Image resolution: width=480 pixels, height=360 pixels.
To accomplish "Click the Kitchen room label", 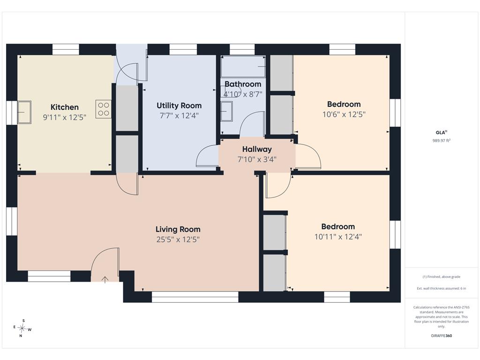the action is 65,107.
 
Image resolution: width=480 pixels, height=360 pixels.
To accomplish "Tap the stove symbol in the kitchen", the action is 104,109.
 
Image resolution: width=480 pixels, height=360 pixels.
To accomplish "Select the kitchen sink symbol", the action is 24,112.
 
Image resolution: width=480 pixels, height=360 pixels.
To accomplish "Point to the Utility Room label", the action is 179,105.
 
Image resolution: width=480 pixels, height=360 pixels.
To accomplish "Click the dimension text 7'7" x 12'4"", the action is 179,116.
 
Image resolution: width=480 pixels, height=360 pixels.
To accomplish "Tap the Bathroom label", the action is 243,84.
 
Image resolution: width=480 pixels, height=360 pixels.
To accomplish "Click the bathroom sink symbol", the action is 227,112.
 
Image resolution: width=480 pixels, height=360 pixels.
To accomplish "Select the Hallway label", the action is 257,149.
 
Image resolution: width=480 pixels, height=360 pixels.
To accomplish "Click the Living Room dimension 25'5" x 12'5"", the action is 178,240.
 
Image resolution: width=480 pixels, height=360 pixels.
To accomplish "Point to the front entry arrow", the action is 105,279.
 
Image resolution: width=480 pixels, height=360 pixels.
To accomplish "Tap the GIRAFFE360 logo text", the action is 442,336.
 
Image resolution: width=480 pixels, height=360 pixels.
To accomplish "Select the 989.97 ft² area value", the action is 442,141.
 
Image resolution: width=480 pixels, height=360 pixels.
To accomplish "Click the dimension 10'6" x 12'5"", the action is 344,114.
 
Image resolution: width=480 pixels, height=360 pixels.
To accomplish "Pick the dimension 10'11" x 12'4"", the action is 338,237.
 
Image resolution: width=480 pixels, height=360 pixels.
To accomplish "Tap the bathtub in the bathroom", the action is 243,67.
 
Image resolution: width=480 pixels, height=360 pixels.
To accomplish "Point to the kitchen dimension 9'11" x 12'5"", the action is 65,117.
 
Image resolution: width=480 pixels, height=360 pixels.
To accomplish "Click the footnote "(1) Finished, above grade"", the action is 442,277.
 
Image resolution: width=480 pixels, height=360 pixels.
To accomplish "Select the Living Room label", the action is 178,229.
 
